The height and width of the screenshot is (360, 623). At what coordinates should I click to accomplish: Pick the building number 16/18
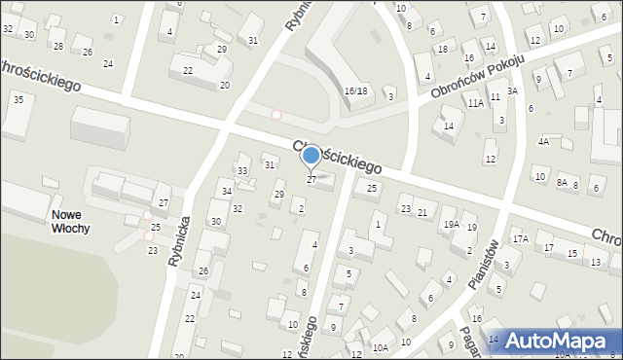pos(355,90)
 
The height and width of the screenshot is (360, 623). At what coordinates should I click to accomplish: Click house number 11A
pos(475,102)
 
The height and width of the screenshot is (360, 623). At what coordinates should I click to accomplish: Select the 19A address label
pos(452,224)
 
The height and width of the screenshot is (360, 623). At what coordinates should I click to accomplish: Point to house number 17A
pos(521,238)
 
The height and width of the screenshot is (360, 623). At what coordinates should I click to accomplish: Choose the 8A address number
pos(562,182)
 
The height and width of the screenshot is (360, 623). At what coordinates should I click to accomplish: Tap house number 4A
pos(544,141)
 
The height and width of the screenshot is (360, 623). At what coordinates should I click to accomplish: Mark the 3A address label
pos(512,90)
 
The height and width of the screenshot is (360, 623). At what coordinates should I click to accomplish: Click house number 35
pos(18,99)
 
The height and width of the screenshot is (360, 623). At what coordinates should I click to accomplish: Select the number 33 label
pos(242,171)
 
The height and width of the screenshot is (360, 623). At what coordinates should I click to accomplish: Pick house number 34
pos(226,191)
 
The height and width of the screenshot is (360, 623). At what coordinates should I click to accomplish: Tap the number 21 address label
pos(422,212)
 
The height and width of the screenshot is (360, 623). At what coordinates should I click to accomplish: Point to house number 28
pos(58,46)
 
